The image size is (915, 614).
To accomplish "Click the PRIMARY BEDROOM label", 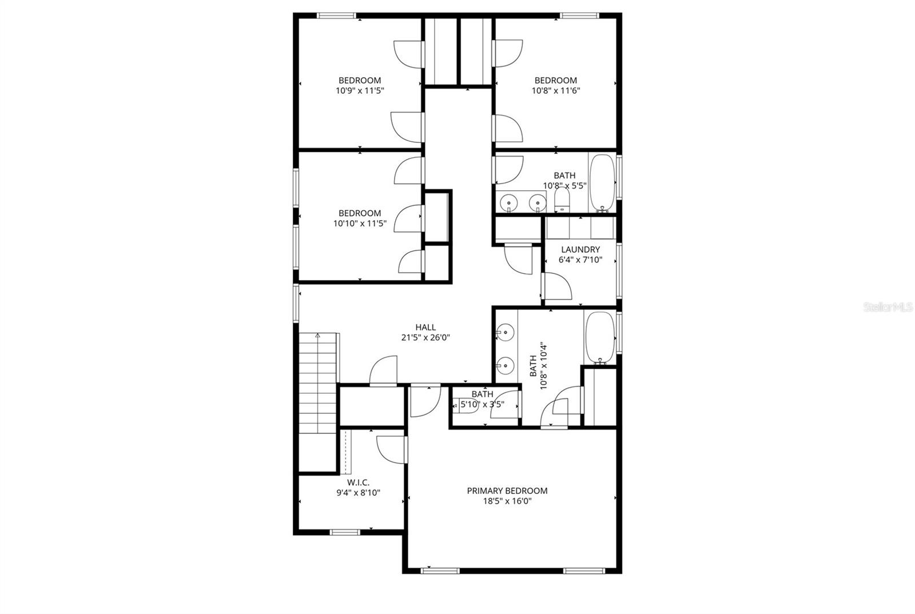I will click(507, 491).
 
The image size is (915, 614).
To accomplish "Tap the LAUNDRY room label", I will click(580, 249).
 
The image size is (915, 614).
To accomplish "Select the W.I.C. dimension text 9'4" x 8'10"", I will click(358, 492).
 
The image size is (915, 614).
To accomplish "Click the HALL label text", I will click(425, 327).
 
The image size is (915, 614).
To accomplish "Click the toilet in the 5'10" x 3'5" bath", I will click(470, 405).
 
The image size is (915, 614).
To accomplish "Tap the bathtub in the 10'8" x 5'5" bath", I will click(602, 182).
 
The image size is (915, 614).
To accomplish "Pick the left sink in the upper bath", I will click(508, 202).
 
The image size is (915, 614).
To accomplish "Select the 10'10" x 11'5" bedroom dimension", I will click(360, 224).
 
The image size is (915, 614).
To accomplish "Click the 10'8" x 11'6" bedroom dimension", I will click(556, 90).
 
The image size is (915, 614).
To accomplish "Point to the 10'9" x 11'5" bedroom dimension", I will click(359, 90).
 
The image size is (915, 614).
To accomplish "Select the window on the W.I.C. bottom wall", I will click(345, 532).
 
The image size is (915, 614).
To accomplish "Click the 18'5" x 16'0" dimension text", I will click(507, 501).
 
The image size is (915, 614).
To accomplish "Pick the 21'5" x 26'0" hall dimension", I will click(425, 337).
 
